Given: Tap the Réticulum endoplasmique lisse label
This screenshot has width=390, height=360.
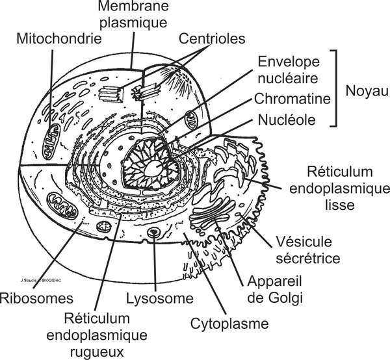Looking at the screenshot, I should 340,188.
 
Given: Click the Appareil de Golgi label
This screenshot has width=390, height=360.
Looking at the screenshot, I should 274,290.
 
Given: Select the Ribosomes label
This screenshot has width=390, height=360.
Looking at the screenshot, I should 36,299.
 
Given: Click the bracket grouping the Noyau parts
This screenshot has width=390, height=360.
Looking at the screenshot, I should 336,88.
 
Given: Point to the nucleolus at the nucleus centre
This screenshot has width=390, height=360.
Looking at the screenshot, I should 155,168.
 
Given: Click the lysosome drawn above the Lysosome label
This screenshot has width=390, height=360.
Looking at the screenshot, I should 154,233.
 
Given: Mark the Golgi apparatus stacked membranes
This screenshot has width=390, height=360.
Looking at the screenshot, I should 218,211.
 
